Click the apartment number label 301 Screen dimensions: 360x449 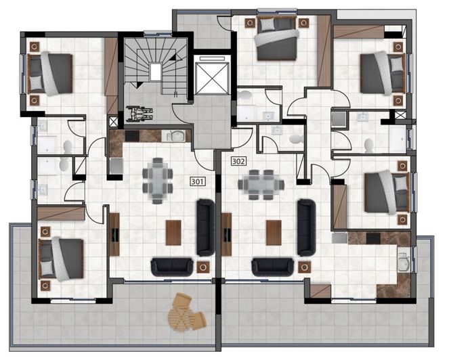(x=198, y=181)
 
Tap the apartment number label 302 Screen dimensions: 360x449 (x=238, y=162)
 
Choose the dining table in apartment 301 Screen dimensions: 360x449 (x=157, y=181)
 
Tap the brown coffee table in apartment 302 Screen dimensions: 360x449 (x=274, y=231)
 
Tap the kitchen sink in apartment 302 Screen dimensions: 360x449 (x=404, y=260)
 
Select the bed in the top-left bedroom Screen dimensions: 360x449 (x=54, y=72)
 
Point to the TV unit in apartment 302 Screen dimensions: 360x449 (x=226, y=234)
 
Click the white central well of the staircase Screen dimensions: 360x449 (x=156, y=71)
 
